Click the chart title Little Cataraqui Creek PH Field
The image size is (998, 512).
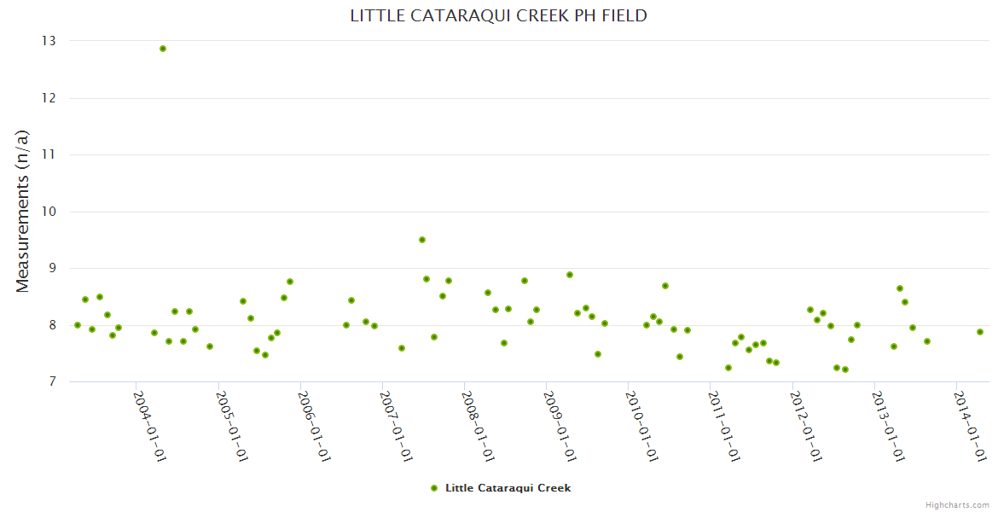click(498, 16)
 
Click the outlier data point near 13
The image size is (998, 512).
click(163, 49)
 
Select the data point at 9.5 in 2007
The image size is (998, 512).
click(422, 240)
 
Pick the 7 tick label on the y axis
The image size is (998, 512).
click(51, 381)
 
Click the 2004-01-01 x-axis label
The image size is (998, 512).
click(150, 426)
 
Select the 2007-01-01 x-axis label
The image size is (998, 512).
click(396, 426)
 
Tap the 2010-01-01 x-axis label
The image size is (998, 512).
click(641, 426)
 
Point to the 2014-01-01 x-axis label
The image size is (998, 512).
click(970, 426)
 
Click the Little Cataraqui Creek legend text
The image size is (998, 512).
click(508, 488)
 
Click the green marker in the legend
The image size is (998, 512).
click(434, 488)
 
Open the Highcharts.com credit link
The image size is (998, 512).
click(957, 505)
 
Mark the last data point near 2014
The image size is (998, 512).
click(980, 332)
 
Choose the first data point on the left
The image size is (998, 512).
click(78, 325)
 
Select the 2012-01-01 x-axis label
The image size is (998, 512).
click(805, 426)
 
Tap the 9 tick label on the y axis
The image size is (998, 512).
click(51, 268)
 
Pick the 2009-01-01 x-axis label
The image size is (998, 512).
click(560, 426)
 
